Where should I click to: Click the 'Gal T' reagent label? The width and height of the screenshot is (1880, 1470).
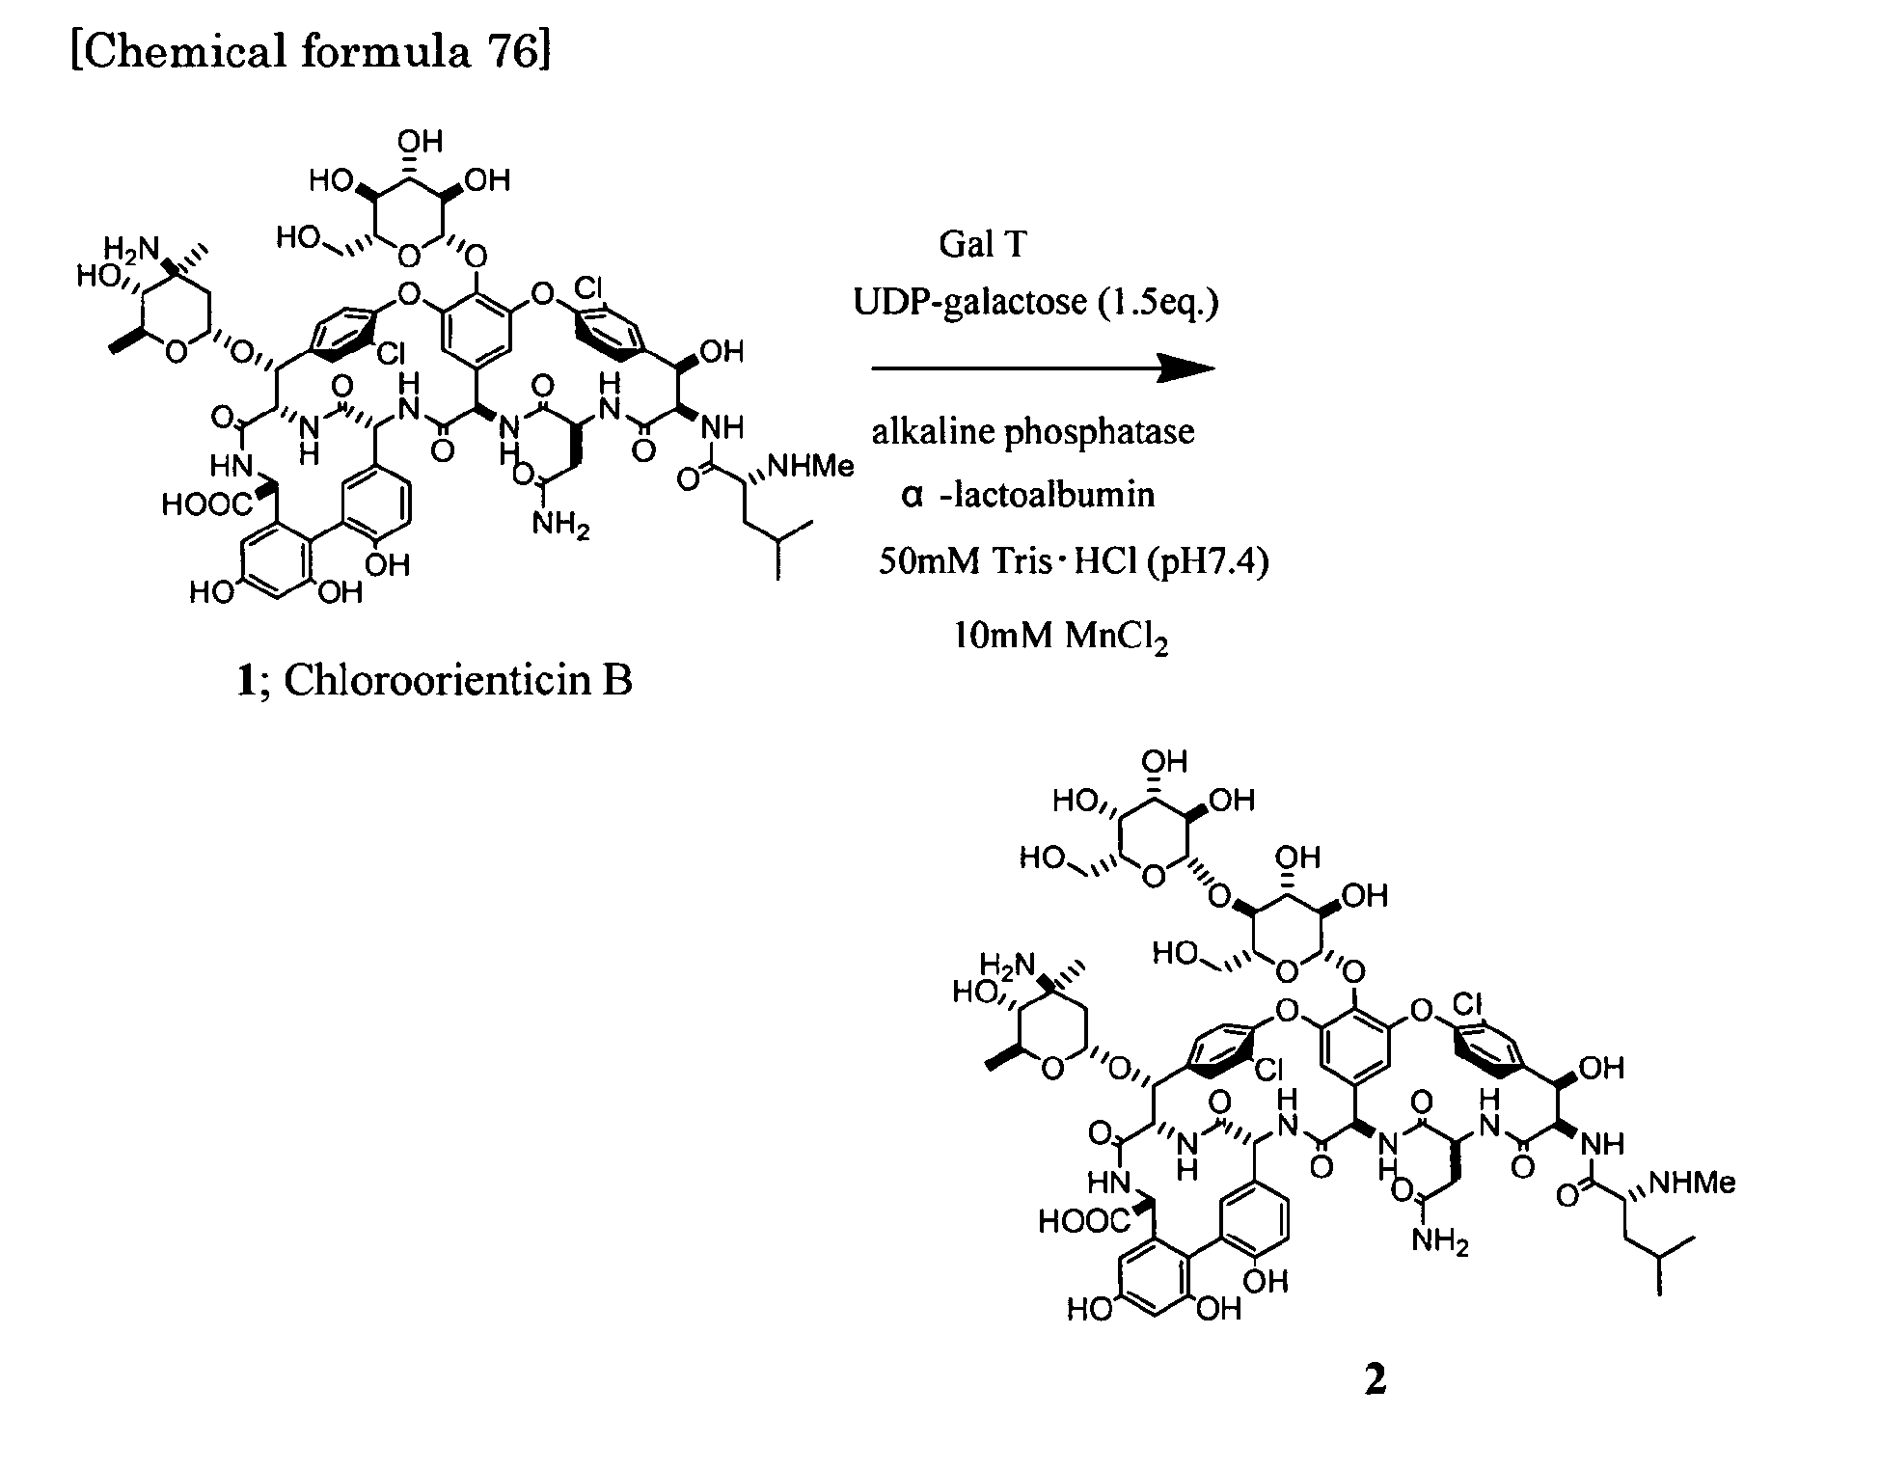pos(983,244)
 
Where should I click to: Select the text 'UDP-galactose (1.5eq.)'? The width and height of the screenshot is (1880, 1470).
pos(1036,303)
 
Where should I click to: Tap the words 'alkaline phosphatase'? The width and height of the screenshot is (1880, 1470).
pos(1033,431)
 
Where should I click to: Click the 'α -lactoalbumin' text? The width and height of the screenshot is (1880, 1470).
pos(1027,495)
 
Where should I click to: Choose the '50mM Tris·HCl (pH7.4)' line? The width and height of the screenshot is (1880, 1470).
pos(1073,559)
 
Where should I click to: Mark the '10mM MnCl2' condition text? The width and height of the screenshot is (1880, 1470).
pos(1061,636)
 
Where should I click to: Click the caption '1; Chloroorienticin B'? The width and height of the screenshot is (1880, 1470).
pos(434,681)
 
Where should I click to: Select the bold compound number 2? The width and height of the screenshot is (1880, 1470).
pos(1376,1379)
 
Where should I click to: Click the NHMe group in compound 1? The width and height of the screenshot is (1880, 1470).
pos(810,467)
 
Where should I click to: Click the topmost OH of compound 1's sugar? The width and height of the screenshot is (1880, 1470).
pos(420,142)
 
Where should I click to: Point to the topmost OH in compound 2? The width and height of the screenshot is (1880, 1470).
pos(1164,762)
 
